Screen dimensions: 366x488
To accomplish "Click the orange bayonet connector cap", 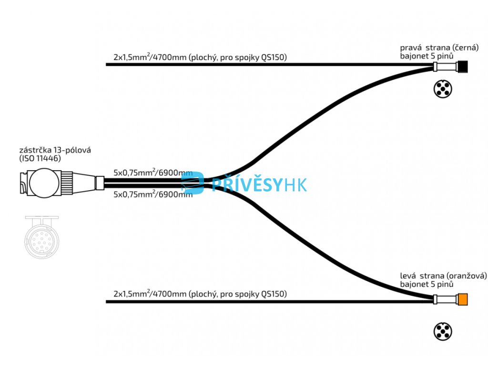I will tap(462, 300).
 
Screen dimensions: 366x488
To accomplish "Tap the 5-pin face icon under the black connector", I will tap(443, 89).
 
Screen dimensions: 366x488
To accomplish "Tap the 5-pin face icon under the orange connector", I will tap(443, 331).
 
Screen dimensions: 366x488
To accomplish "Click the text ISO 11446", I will tap(40, 158).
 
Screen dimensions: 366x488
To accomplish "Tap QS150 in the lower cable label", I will tap(274, 294).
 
